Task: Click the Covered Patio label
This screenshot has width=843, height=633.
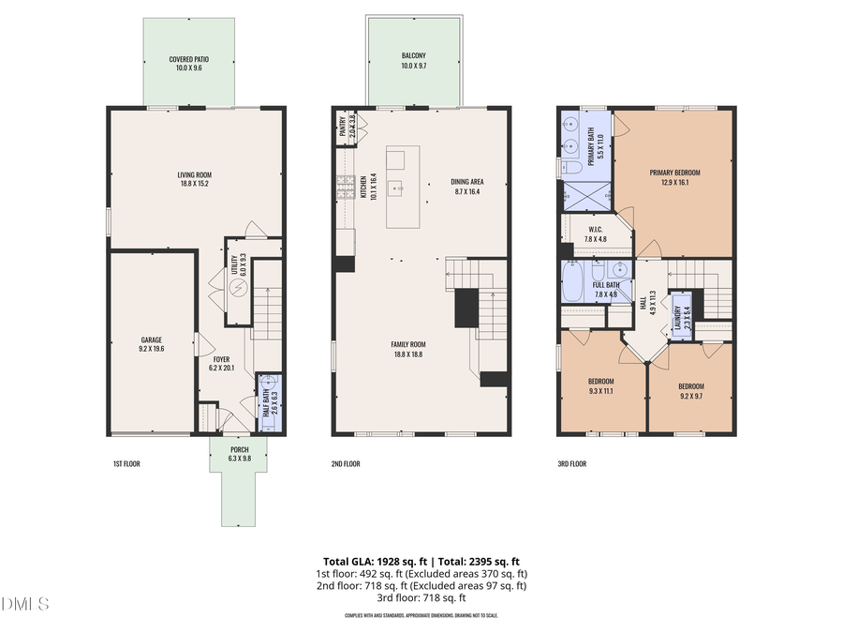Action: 188,59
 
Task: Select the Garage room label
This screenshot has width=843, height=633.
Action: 152,341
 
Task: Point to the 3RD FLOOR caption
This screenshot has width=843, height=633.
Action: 572,463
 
